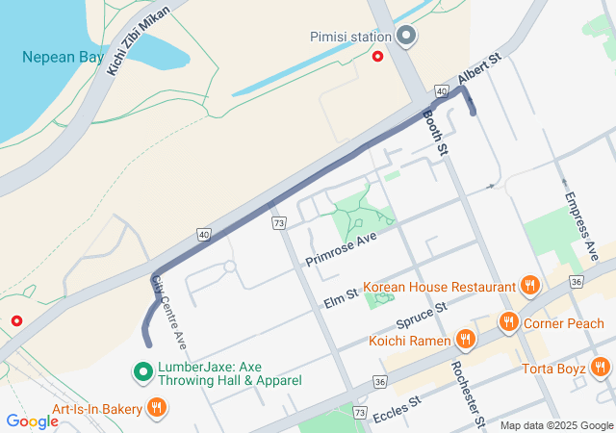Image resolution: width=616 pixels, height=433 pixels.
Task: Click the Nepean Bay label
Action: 64,58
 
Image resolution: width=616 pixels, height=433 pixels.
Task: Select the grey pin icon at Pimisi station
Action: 406,37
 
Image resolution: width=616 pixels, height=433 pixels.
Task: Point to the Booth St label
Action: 436,132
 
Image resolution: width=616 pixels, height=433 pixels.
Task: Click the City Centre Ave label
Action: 168,312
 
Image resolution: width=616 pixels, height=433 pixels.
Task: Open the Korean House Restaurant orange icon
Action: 528,286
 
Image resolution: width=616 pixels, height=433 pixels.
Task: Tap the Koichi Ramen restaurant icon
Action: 465,340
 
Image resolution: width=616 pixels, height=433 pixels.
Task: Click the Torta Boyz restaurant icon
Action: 601,366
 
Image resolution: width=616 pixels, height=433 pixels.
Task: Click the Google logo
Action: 32,420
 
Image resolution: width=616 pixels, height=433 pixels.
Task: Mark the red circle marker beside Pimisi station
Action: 378,57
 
